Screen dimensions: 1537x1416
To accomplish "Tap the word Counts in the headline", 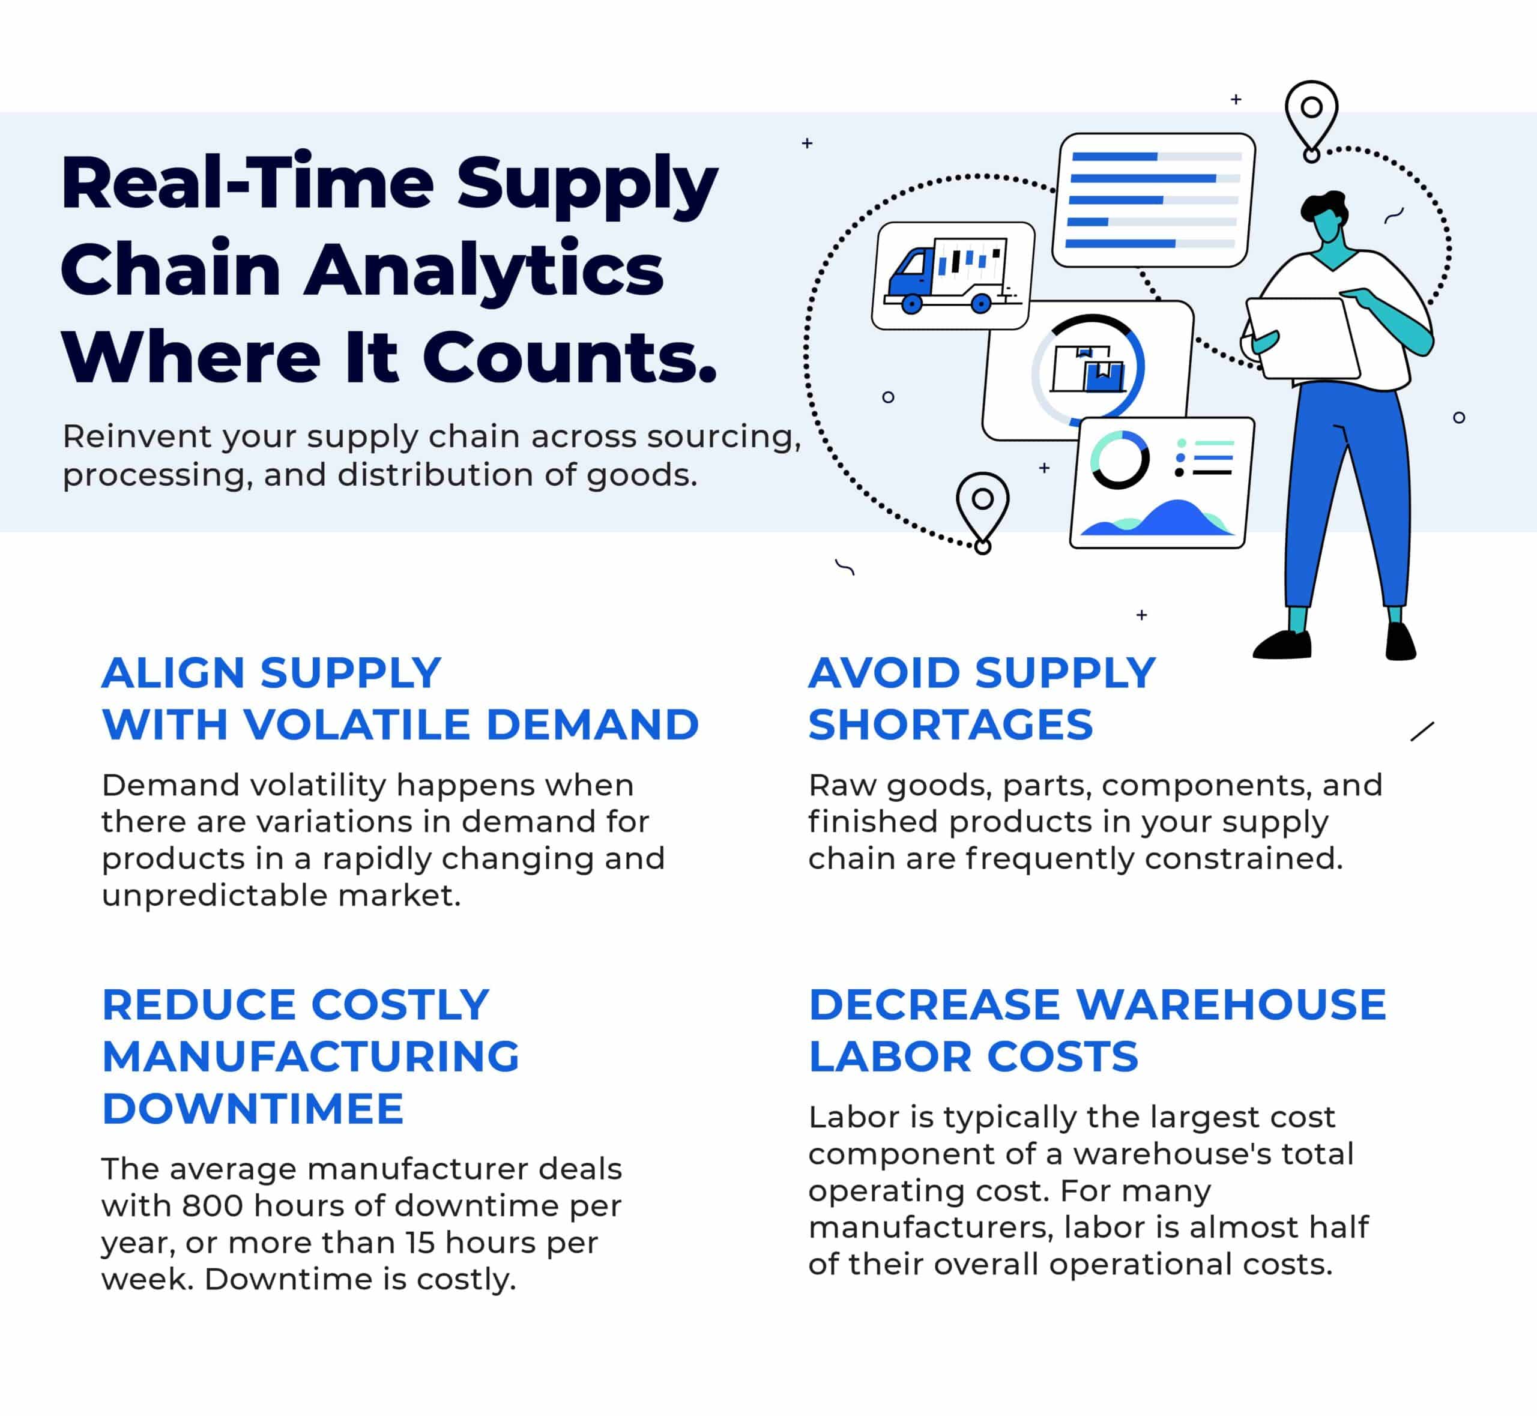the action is click(569, 357).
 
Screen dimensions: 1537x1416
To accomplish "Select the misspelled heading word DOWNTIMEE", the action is click(253, 1109).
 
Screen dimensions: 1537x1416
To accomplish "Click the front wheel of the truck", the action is click(911, 304).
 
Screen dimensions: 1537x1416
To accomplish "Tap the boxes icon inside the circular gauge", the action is click(1089, 369).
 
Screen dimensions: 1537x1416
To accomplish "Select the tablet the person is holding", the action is click(1302, 337).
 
